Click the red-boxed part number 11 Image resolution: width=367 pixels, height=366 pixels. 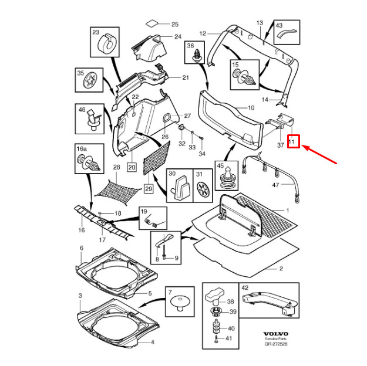tap(291, 141)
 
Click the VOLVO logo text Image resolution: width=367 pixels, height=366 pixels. tap(276, 334)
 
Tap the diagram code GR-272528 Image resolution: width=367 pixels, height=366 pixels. tap(276, 344)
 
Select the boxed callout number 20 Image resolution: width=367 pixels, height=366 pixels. tap(132, 167)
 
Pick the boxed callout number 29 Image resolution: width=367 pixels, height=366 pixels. tap(149, 188)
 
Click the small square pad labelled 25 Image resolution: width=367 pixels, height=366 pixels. tap(152, 23)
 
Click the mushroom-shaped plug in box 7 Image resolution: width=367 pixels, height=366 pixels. tap(180, 302)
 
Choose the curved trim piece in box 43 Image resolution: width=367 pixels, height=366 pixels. tap(287, 33)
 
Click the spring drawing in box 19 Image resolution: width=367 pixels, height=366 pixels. tap(153, 221)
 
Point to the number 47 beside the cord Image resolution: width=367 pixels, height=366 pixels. tap(275, 185)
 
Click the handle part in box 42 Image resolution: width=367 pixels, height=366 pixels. tap(270, 303)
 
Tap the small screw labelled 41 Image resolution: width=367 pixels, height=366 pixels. tap(217, 338)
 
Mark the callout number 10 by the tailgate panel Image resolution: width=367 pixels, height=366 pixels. tap(251, 108)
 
